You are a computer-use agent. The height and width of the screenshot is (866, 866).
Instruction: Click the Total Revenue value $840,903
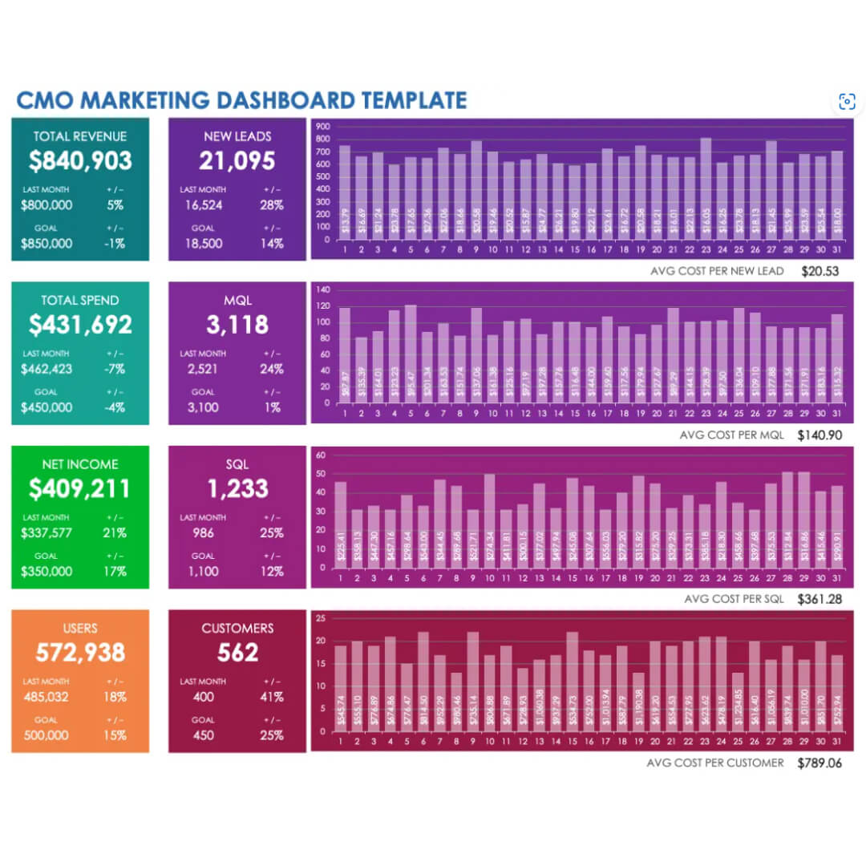pos(80,161)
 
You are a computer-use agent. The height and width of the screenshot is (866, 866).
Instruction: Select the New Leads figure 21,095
pos(237,161)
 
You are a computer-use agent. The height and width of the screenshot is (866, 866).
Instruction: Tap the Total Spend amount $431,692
pos(80,325)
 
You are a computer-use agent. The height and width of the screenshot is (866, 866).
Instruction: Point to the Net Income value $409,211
pos(80,488)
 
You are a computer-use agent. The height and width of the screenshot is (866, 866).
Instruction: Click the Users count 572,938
pos(80,653)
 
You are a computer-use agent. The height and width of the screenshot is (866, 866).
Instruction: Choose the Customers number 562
pos(237,653)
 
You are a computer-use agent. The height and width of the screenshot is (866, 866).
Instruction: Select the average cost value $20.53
pos(819,271)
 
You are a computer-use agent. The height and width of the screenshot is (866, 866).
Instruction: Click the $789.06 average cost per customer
pos(819,763)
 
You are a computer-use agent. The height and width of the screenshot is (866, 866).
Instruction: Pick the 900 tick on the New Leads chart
pos(322,127)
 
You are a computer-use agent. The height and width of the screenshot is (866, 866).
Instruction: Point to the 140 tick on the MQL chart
pos(322,289)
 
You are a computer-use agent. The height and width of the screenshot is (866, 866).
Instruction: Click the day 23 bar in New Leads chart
pos(706,188)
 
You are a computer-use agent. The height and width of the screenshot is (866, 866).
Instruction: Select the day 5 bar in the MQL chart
pos(411,353)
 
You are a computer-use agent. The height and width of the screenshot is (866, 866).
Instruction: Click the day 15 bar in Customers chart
pos(572,682)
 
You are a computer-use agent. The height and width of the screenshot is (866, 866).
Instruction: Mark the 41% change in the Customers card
pos(273,697)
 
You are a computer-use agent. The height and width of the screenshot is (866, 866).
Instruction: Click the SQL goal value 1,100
pos(202,571)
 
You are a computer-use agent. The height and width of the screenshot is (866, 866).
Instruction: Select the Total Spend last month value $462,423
pos(47,370)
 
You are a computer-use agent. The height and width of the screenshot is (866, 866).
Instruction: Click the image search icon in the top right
pos(847,101)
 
